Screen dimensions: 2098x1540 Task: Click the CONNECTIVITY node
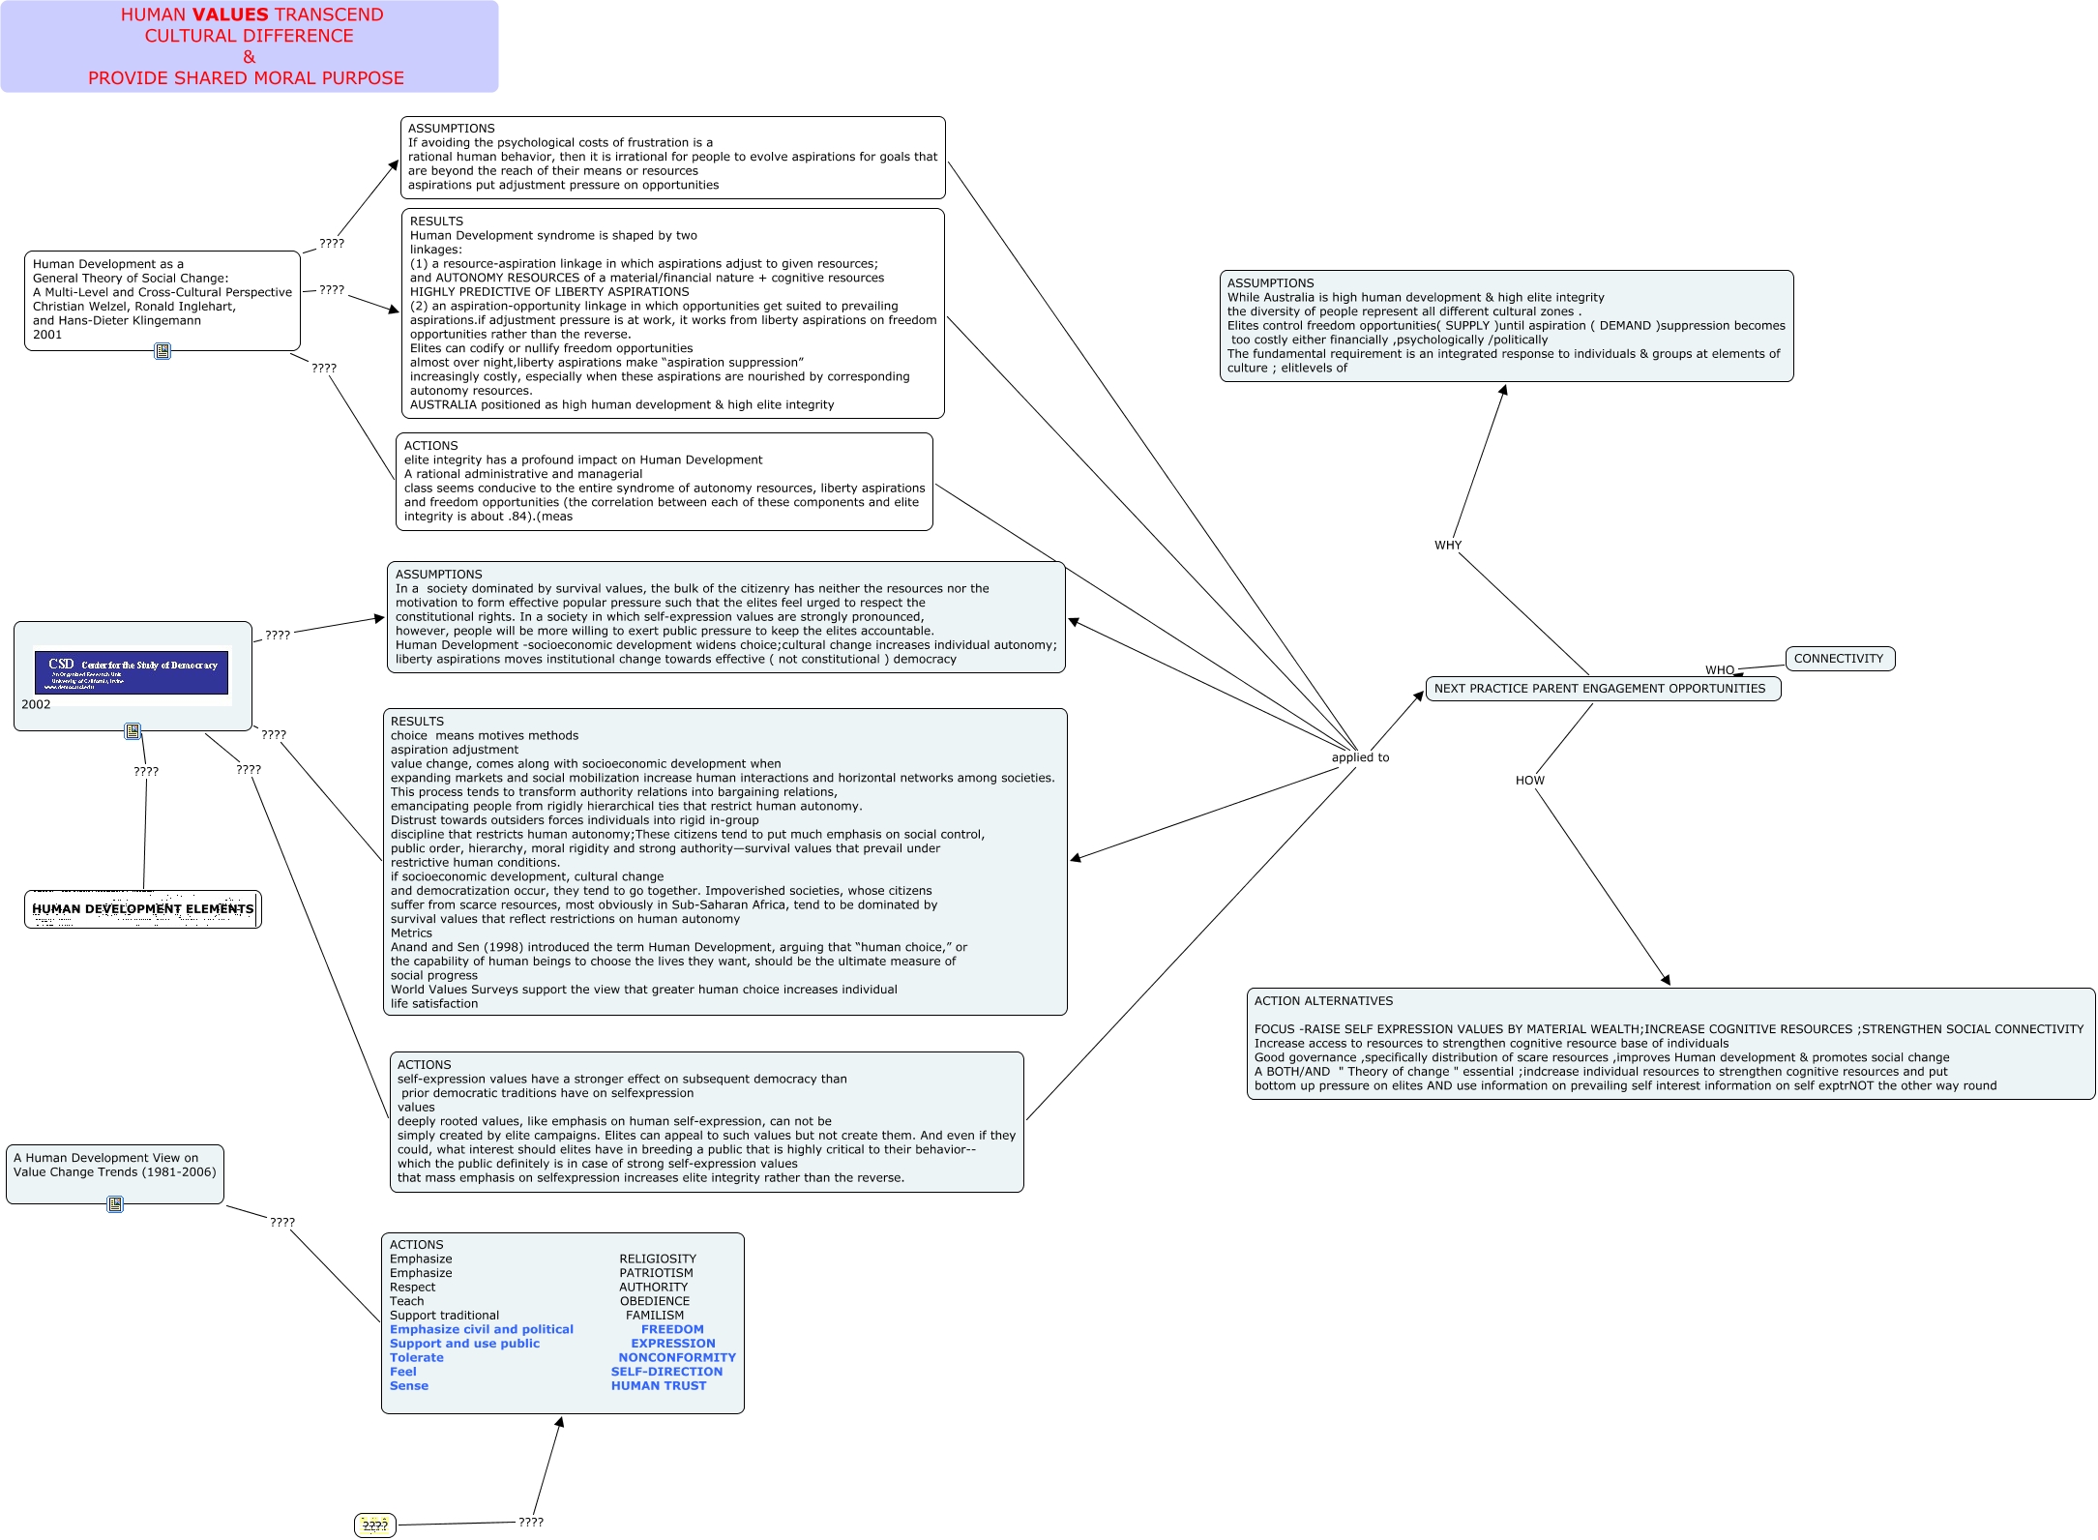pos(1839,659)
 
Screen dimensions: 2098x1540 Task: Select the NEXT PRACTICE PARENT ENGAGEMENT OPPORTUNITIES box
pos(1602,689)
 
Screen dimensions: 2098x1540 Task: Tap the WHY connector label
pos(1448,546)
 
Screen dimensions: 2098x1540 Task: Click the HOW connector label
pos(1529,781)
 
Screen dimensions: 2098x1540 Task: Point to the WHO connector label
pos(1719,670)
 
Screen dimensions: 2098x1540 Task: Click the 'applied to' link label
pos(1360,757)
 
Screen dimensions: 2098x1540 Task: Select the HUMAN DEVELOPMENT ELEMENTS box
pos(143,909)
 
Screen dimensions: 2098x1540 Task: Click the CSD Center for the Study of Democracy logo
pos(132,671)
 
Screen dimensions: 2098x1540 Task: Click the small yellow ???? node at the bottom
pos(374,1525)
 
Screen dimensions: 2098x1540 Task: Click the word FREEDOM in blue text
pos(672,1329)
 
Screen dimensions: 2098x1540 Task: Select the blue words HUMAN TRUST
pos(659,1386)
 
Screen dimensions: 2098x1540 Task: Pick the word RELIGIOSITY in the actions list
pos(658,1259)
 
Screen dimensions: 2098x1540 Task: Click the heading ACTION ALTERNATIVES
pos(1323,1001)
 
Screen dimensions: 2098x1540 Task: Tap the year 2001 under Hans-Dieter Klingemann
pos(47,335)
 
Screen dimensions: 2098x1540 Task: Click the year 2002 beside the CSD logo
pos(36,704)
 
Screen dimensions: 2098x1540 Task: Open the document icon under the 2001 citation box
pos(163,351)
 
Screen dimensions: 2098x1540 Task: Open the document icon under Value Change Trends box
pos(115,1204)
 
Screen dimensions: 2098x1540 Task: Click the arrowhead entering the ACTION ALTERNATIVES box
pos(1666,980)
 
